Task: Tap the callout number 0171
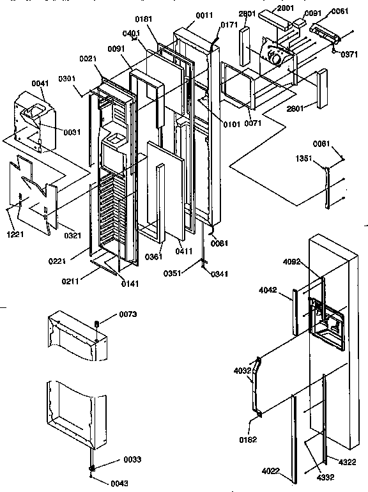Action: click(229, 24)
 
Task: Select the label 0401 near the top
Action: click(132, 33)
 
